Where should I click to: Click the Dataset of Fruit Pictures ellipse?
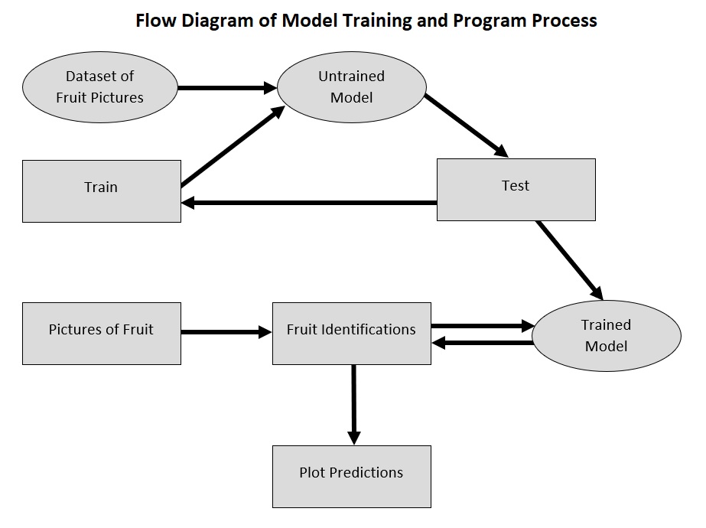click(x=99, y=87)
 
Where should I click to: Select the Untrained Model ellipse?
click(x=351, y=87)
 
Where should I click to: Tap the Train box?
click(x=102, y=191)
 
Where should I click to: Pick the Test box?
click(x=516, y=189)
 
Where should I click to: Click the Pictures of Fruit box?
click(x=102, y=333)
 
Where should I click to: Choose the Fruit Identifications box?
click(x=351, y=333)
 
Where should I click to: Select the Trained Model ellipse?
click(x=606, y=336)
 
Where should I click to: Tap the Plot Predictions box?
click(x=351, y=476)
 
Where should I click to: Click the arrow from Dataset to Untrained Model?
click(x=226, y=88)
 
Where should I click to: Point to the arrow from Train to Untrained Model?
click(x=229, y=148)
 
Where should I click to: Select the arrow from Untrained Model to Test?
click(x=467, y=125)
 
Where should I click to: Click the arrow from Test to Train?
click(x=309, y=203)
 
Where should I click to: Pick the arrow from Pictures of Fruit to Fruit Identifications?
click(x=226, y=332)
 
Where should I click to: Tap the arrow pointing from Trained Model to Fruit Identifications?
click(x=482, y=343)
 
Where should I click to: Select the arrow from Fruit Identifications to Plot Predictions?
click(x=353, y=404)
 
